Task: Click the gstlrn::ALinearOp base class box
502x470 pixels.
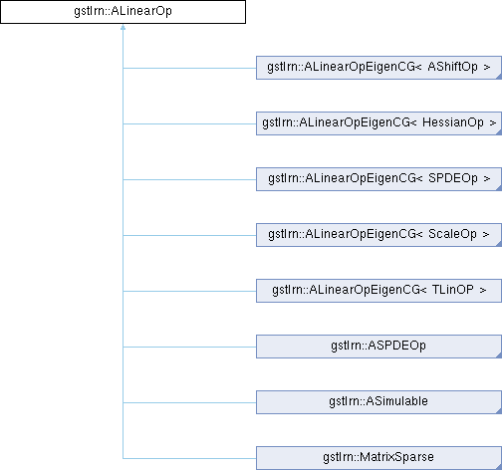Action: (x=123, y=12)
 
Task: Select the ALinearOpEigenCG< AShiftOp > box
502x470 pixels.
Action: (x=378, y=68)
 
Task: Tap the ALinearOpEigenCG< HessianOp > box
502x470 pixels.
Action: (x=378, y=123)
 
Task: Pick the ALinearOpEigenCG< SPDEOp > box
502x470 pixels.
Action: (x=378, y=179)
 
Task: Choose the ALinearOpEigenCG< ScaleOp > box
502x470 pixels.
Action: (x=378, y=235)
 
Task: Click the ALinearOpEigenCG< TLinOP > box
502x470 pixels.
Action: (x=378, y=291)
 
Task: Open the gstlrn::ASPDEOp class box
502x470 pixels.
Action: (x=378, y=347)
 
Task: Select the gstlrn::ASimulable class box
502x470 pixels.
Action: (x=378, y=402)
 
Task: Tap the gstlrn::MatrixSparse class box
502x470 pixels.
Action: (x=378, y=458)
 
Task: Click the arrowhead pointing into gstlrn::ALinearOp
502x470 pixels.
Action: (x=123, y=27)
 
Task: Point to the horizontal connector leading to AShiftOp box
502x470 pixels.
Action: (x=189, y=68)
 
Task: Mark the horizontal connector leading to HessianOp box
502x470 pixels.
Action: (x=189, y=123)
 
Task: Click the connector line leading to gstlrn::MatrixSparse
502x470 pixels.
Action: (x=189, y=458)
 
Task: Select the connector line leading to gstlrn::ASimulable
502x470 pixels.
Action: (x=189, y=402)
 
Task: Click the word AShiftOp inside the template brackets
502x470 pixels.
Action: (x=453, y=67)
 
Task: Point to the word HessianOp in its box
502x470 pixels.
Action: (x=453, y=122)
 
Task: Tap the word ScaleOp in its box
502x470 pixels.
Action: (x=452, y=234)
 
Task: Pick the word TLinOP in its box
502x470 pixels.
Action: (x=453, y=290)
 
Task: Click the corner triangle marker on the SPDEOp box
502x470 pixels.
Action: (x=500, y=188)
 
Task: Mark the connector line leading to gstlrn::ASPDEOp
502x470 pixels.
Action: (x=189, y=347)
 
